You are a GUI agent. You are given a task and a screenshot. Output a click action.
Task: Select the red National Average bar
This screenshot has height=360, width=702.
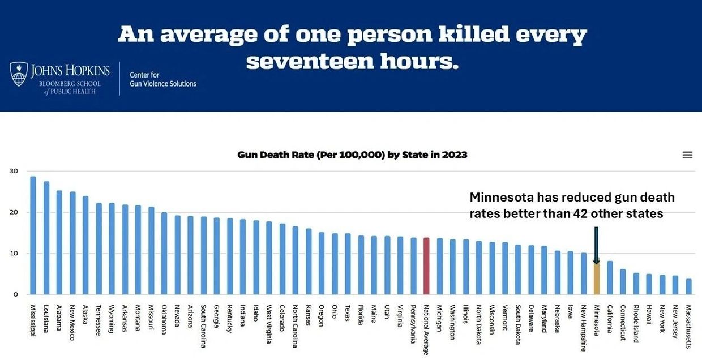click(x=426, y=266)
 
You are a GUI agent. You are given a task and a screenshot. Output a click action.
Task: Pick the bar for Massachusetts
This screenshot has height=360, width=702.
click(x=688, y=286)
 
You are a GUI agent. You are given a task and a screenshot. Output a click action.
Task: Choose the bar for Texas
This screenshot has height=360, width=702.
click(x=348, y=264)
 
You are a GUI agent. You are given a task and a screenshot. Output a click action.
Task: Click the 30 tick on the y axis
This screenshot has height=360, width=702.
click(x=14, y=171)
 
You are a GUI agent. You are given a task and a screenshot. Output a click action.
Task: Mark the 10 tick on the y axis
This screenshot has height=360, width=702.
click(x=14, y=254)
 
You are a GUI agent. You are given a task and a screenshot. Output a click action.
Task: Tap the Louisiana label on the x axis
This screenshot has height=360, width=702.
click(x=46, y=319)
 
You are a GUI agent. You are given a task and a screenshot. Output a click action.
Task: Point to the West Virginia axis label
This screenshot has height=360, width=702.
click(x=269, y=325)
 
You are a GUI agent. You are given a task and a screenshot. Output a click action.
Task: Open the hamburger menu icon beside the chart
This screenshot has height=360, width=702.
click(x=687, y=155)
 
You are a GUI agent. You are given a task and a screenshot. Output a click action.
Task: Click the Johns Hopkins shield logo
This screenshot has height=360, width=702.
click(x=19, y=75)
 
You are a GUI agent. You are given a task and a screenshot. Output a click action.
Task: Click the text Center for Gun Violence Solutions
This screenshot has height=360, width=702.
click(x=162, y=79)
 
